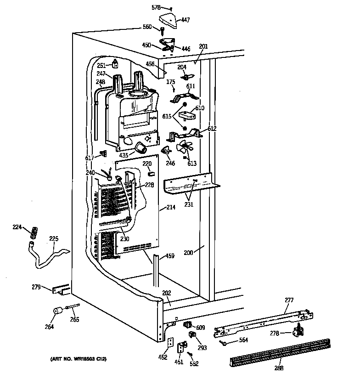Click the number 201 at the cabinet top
point(203,46)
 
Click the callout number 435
point(124,155)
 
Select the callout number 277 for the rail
point(289,300)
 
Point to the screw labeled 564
point(224,342)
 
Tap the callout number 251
point(101,66)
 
